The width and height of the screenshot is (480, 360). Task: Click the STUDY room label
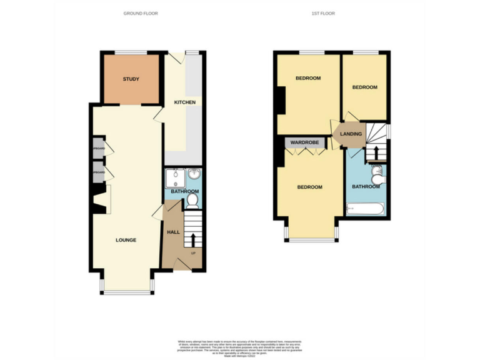131,79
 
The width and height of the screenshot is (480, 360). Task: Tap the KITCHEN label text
184,102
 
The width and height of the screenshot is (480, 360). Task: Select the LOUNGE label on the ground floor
126,240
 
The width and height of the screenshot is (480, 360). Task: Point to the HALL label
173,232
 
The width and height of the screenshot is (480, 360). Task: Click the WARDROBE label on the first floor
304,143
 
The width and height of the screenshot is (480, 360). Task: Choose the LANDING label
351,134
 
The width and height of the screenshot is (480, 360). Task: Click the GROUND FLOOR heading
141,13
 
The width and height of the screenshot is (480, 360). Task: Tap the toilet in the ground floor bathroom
192,200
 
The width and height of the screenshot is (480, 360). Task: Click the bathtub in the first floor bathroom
366,209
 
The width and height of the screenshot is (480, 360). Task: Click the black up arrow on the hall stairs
192,239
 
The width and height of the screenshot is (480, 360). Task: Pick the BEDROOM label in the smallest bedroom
364,87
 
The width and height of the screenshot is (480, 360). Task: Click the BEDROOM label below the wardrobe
309,187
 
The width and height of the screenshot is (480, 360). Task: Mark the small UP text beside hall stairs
192,253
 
